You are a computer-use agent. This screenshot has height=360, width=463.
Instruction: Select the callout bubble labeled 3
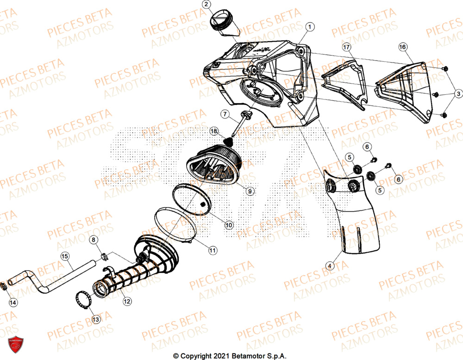457,94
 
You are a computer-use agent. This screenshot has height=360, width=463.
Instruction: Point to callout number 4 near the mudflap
329,266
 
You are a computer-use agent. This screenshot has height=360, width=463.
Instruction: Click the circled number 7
224,113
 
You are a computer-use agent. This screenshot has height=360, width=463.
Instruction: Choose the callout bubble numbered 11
212,250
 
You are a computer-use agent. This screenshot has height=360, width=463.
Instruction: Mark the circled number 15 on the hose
65,255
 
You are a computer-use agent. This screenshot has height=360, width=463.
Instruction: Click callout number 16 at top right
402,47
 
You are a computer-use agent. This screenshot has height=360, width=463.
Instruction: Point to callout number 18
214,131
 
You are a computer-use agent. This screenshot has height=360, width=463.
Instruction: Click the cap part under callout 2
223,22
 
